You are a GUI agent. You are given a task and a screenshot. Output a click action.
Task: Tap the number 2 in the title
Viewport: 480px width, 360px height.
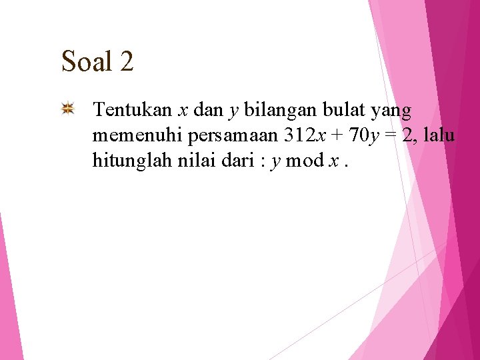coord(127,62)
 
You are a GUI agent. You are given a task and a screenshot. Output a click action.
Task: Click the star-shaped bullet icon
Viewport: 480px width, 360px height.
coord(68,109)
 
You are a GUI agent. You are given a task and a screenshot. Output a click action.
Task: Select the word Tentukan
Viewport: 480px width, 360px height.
coord(133,109)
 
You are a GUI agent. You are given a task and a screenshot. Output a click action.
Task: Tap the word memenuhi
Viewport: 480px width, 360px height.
coord(138,136)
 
